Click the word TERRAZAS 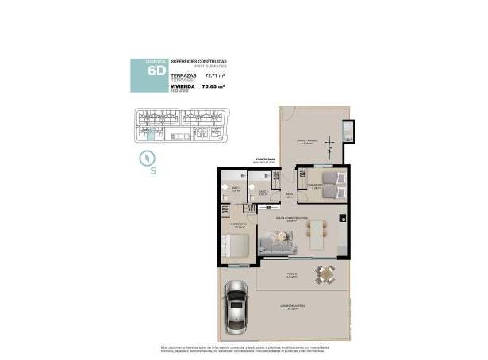[183, 75]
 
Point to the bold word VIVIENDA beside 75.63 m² [183, 85]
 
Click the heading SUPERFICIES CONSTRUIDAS [198, 60]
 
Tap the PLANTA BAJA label [266, 159]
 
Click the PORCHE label [290, 274]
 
